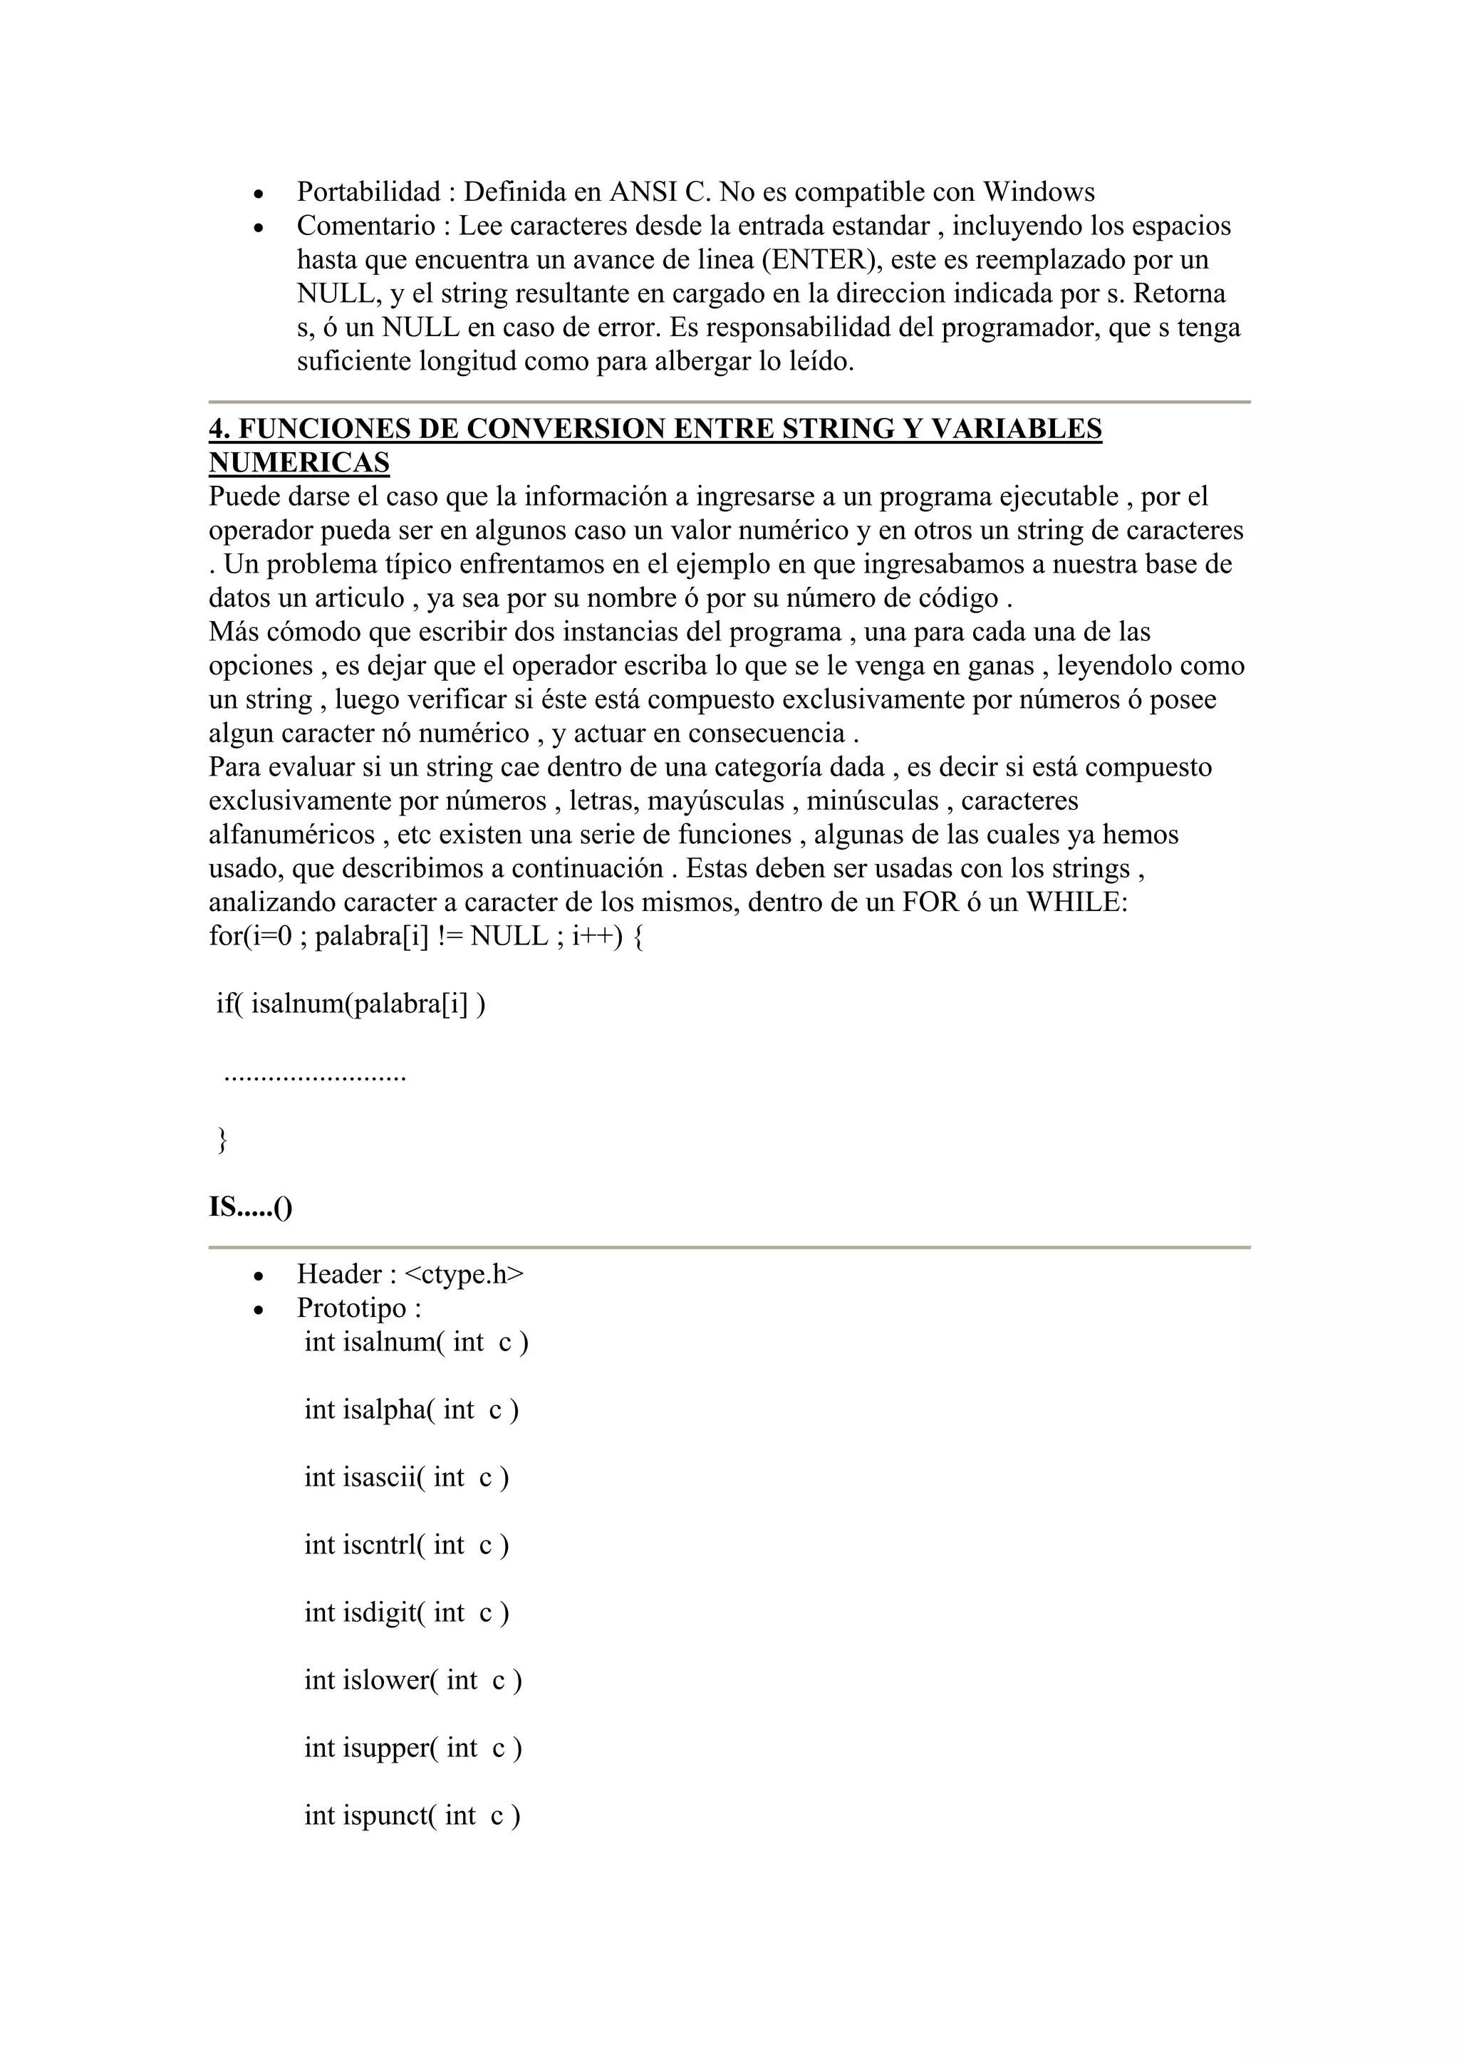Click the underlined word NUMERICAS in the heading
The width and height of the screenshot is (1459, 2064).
coord(299,463)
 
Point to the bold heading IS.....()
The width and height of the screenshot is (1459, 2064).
coord(251,1206)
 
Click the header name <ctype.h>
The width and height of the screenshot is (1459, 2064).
coord(464,1274)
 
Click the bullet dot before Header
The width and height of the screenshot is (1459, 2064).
coord(259,1276)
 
